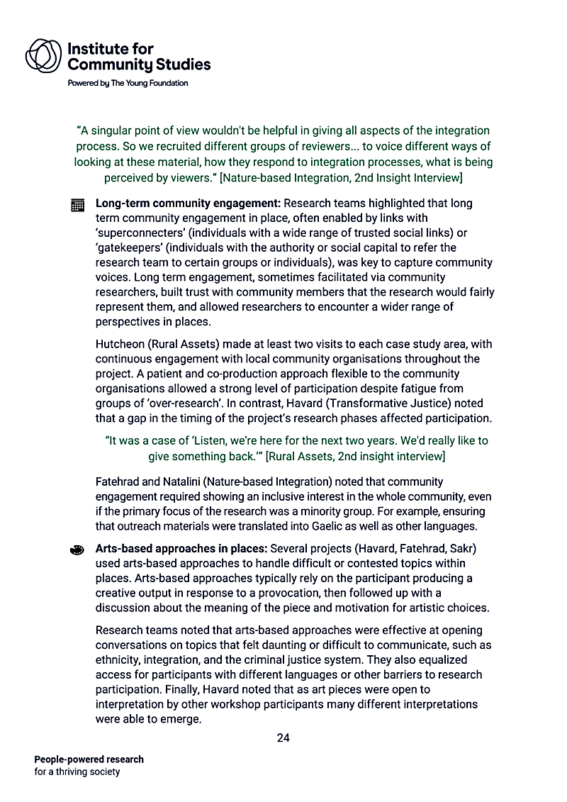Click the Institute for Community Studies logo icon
tap(44, 55)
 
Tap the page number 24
tap(283, 738)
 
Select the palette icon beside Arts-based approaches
tap(78, 550)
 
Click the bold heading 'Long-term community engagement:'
tap(188, 204)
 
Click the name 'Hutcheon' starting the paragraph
tap(120, 344)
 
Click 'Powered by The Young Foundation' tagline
tap(128, 83)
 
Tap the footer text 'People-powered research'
tap(89, 759)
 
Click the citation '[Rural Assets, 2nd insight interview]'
tap(355, 455)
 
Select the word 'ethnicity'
tap(118, 659)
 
